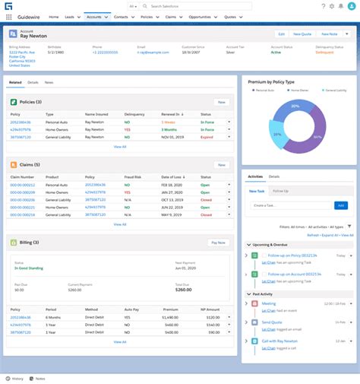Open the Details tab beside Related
tap(33, 81)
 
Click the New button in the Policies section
tap(221, 101)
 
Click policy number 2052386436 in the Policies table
tap(21, 121)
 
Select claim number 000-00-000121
tap(23, 185)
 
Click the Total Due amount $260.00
tap(184, 289)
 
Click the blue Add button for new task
tap(341, 205)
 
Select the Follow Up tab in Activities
tap(280, 191)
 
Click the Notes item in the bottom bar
tap(40, 378)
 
